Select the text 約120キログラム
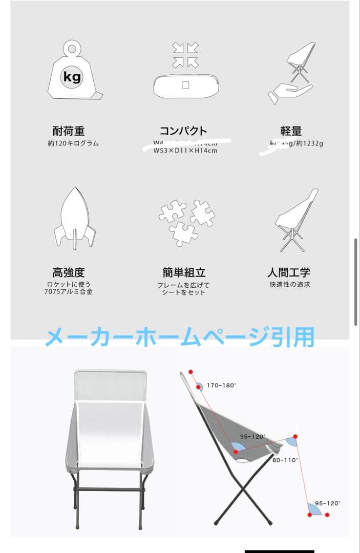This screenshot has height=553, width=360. (x=73, y=144)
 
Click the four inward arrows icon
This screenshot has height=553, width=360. (x=185, y=55)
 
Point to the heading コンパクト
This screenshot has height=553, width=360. (x=183, y=131)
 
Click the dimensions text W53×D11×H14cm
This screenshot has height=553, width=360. (x=185, y=151)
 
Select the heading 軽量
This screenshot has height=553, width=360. (x=291, y=131)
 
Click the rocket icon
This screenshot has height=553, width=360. (x=75, y=219)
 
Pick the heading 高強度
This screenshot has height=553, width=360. (x=69, y=272)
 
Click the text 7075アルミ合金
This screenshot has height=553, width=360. (x=69, y=292)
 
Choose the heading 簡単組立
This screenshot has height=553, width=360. (x=184, y=272)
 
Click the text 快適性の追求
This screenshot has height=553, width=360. (x=290, y=285)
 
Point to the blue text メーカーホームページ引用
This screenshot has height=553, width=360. (x=179, y=337)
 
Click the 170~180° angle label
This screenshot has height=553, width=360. (x=222, y=385)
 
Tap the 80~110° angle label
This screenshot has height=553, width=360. (x=285, y=460)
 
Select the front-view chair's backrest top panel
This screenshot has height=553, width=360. (x=111, y=385)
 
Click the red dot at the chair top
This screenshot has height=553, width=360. (x=190, y=372)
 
